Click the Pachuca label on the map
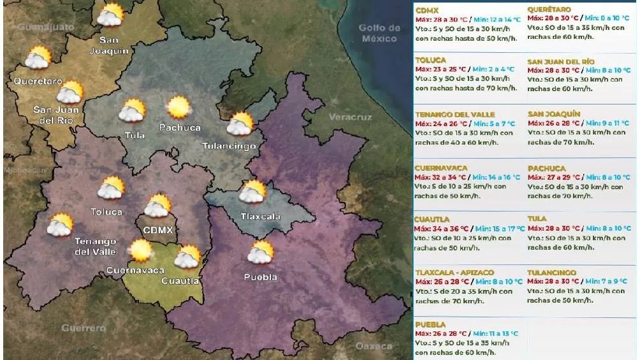click(x=180, y=127)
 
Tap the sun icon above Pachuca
click(x=179, y=107)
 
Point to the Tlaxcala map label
click(x=260, y=216)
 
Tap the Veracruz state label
click(x=350, y=117)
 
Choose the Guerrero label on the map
click(x=84, y=328)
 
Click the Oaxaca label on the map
click(x=374, y=346)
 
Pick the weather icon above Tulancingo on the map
click(x=240, y=124)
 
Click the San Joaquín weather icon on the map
click(x=111, y=15)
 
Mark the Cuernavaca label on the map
click(x=135, y=270)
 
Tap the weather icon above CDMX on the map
click(x=157, y=206)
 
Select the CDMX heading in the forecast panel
click(x=426, y=11)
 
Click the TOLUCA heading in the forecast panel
click(x=431, y=61)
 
